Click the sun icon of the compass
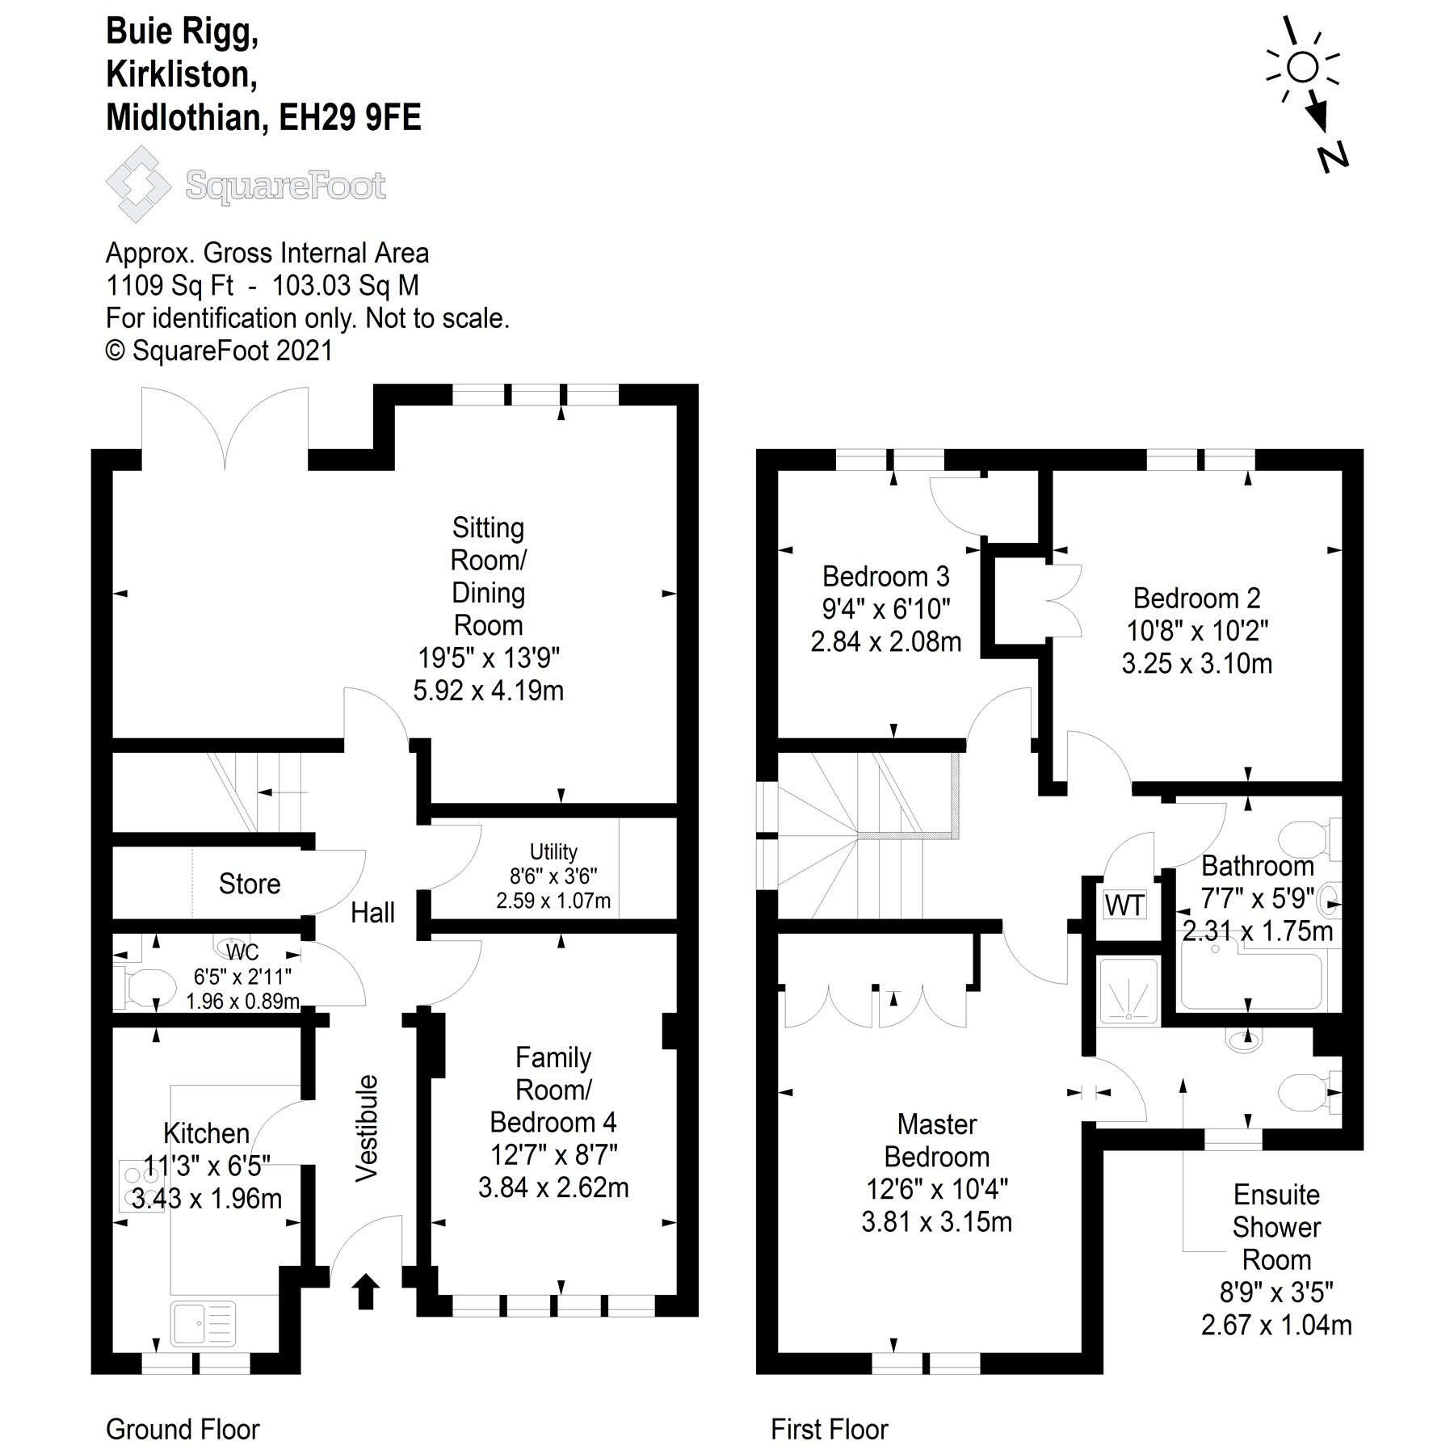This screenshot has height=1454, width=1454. coord(1302,67)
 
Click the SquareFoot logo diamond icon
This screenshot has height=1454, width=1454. coord(138,184)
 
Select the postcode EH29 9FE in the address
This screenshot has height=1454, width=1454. coord(349,118)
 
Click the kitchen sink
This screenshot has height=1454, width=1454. coord(204,1325)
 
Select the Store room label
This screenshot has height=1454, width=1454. coord(249,884)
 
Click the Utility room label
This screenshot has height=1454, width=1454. coord(553,851)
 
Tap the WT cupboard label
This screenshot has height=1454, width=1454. coord(1124,906)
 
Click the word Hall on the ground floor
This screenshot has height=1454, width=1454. coord(372,913)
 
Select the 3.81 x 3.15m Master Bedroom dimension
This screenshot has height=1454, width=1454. coord(936,1222)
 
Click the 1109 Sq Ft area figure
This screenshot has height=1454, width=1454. coord(170,286)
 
